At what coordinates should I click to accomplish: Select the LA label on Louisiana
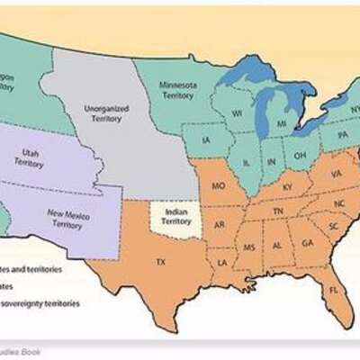[221, 262]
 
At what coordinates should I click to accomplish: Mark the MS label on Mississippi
[249, 246]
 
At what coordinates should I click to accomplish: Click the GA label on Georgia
[307, 243]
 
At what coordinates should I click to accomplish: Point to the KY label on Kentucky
[287, 186]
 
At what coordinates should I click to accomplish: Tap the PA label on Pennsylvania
[343, 135]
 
